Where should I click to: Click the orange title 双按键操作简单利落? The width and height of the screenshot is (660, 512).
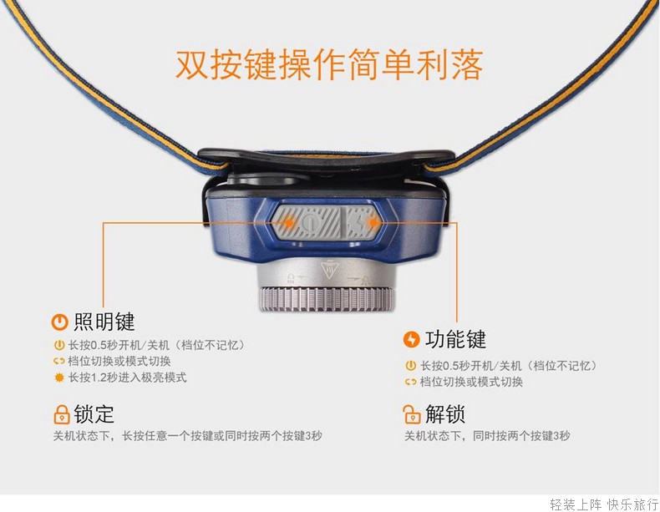click(x=328, y=64)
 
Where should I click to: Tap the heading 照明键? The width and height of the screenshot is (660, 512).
click(x=104, y=322)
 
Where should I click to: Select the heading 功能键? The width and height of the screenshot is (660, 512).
click(x=455, y=339)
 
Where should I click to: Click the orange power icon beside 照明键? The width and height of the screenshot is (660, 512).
click(x=59, y=322)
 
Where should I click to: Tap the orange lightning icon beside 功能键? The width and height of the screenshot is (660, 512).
click(x=411, y=339)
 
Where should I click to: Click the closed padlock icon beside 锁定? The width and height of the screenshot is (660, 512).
click(x=62, y=414)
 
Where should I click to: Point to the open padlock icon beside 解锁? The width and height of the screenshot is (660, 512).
click(x=412, y=414)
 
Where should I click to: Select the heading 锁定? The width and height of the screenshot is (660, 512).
click(x=94, y=414)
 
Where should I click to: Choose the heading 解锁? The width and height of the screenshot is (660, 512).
click(x=445, y=414)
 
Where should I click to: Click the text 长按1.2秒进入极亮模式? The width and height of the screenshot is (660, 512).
click(x=127, y=378)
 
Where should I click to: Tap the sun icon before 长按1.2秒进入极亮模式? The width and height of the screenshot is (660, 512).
click(x=59, y=378)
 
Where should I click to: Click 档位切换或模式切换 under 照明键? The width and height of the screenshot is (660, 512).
click(x=119, y=362)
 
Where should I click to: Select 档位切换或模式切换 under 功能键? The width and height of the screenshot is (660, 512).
click(x=471, y=382)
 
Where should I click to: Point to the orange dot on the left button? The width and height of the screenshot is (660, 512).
click(x=289, y=221)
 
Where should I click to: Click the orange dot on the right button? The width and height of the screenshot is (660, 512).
click(x=373, y=221)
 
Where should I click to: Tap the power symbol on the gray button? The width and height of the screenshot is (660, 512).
click(x=309, y=222)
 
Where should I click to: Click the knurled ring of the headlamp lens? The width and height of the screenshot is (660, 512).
click(x=327, y=300)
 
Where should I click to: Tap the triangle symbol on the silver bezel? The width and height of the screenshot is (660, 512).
click(x=329, y=270)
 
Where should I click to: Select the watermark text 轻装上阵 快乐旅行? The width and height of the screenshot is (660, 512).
click(x=604, y=504)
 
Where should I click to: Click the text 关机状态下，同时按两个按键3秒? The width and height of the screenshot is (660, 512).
click(x=487, y=436)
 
